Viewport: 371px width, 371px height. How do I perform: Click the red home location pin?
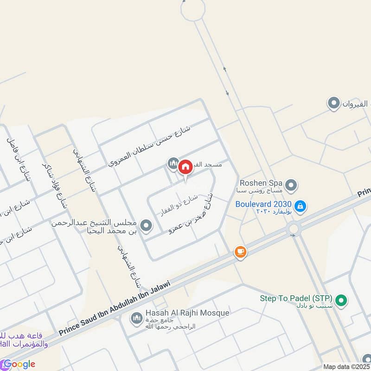(x=185, y=167)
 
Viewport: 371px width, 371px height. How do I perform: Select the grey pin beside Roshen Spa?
(x=291, y=186)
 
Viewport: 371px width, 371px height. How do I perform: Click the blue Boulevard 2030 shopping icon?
(x=300, y=205)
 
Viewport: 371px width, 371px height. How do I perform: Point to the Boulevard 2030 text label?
(x=263, y=204)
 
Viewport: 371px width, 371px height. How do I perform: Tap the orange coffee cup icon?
(x=240, y=252)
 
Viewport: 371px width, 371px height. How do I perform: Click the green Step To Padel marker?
(x=342, y=301)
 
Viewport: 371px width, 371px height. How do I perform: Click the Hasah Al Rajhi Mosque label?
(x=187, y=313)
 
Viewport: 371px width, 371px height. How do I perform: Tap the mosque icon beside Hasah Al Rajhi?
(x=136, y=318)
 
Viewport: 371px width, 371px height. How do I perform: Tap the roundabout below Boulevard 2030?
(x=294, y=229)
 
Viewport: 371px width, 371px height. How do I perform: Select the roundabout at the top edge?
(x=192, y=9)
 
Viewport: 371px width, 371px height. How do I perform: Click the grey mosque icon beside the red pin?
(x=173, y=163)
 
